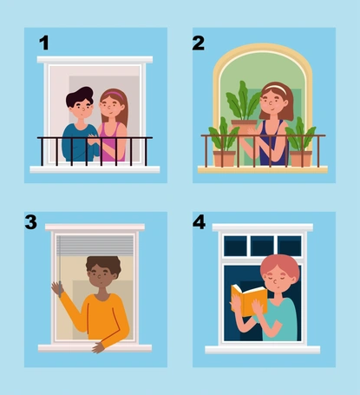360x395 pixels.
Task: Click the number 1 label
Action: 44,43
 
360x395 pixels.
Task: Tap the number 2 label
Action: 199,43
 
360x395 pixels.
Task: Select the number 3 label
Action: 31,222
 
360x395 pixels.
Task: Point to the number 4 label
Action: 200,222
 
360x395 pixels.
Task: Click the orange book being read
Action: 249,300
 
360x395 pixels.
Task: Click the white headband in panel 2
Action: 276,87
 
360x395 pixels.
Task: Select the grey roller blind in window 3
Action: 95,246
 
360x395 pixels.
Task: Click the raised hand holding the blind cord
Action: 57,288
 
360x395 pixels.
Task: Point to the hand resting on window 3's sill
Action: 98,347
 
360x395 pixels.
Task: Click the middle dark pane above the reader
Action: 262,246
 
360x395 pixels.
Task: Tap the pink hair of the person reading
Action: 280,266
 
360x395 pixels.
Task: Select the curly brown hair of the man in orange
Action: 103,264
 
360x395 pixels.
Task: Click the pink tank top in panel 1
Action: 112,142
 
